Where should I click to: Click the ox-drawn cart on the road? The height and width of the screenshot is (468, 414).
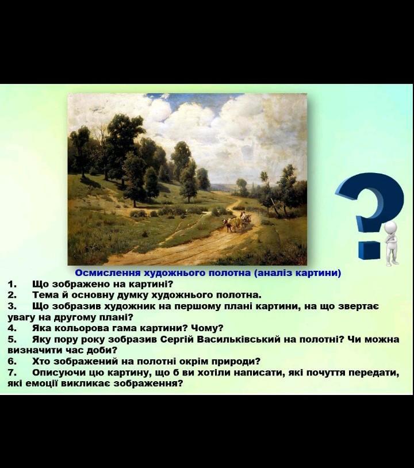(238, 221)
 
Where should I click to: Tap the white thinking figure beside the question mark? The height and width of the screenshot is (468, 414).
(391, 244)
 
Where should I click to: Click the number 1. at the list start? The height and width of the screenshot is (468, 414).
(12, 284)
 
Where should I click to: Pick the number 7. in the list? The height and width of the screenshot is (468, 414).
(12, 373)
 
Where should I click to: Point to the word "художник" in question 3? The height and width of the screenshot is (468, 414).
(137, 306)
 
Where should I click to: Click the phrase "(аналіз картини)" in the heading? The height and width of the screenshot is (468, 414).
(298, 273)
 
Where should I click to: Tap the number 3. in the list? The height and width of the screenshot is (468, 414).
(12, 306)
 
